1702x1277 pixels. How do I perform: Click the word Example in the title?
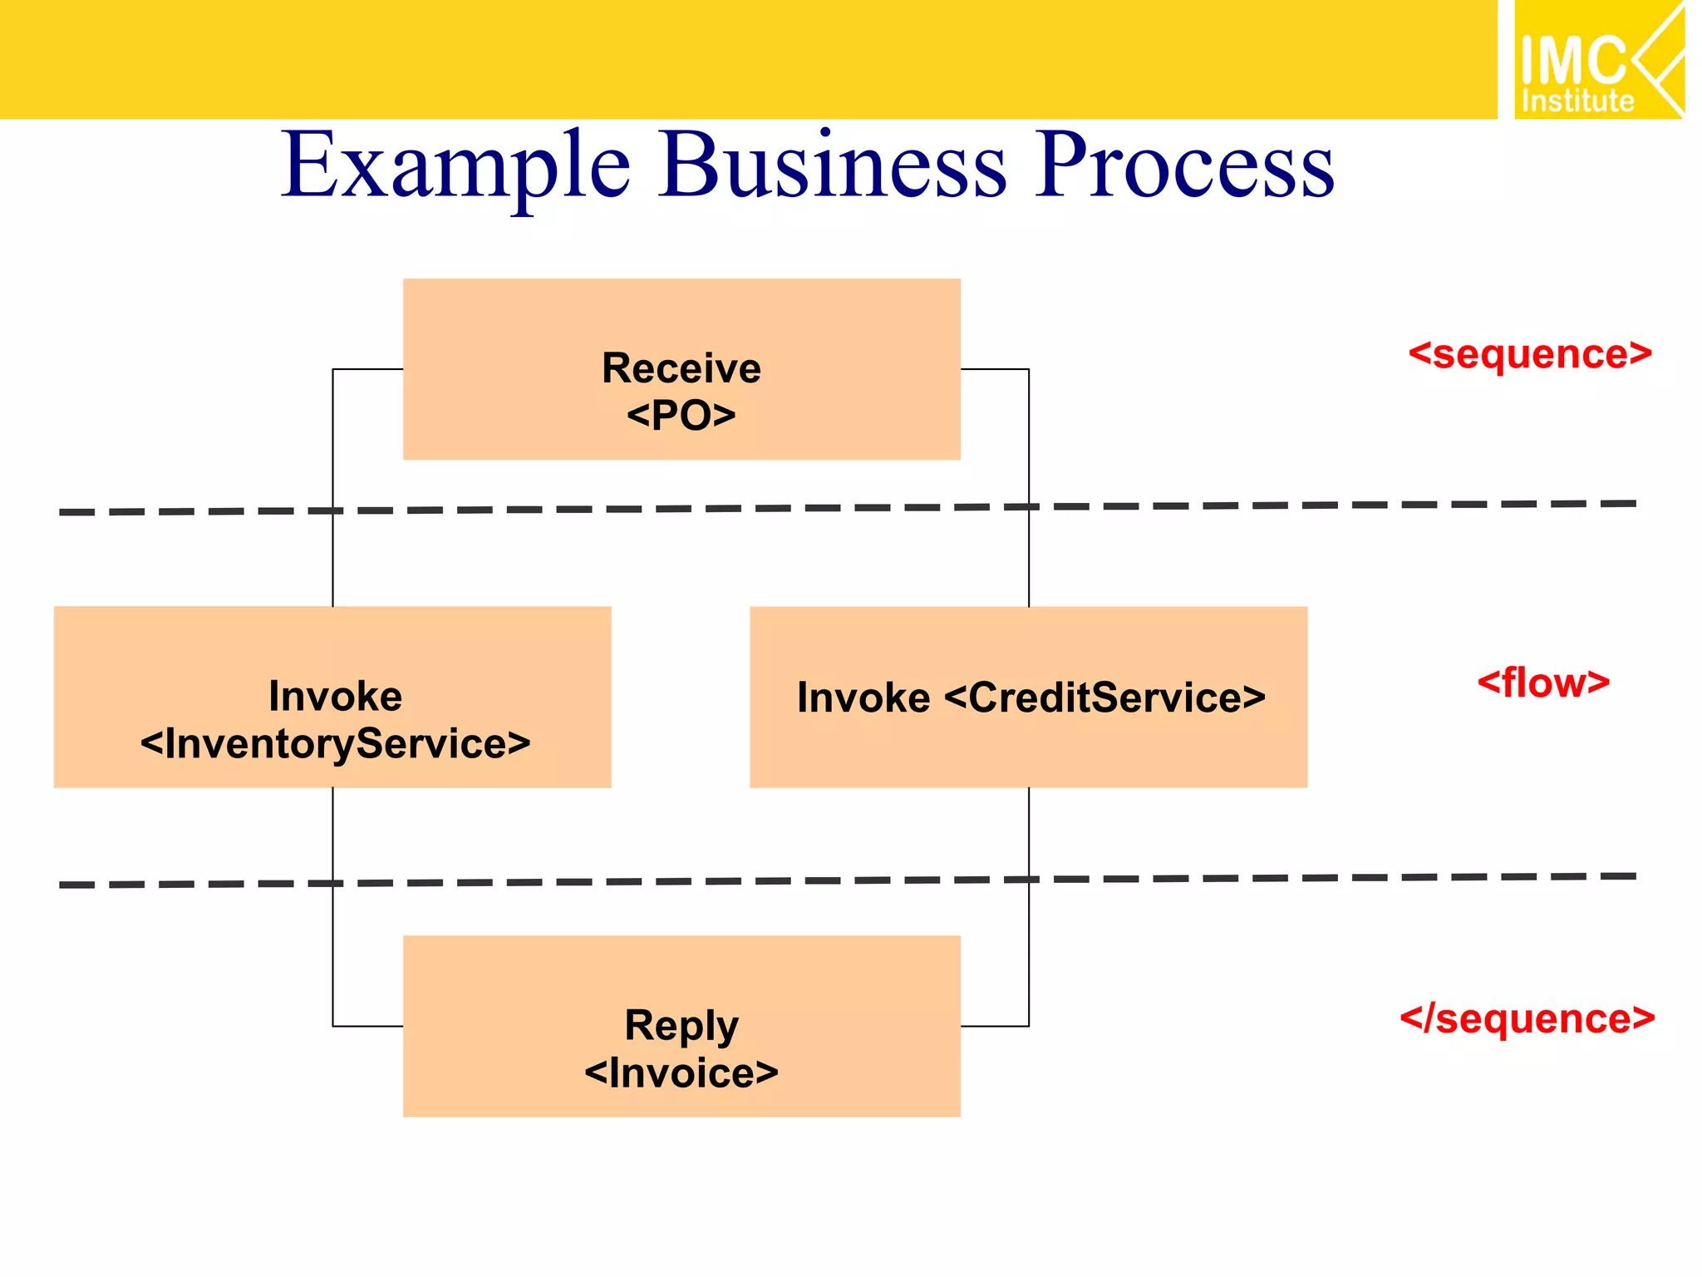(x=455, y=166)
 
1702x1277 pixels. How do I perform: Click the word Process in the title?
(x=1183, y=166)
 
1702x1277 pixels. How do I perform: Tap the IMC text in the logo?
(x=1572, y=60)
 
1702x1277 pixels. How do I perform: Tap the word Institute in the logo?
(x=1577, y=101)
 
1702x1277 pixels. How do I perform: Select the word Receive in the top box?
(x=681, y=368)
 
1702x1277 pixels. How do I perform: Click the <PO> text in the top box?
(x=681, y=415)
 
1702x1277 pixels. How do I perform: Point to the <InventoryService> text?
(x=335, y=743)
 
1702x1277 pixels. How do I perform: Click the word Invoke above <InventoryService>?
(x=335, y=696)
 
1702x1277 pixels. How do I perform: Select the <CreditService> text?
(x=1104, y=698)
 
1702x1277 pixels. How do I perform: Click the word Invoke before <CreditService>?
(x=863, y=698)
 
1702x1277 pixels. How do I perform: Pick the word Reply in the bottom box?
(x=681, y=1025)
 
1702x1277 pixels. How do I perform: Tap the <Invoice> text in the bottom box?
(x=681, y=1072)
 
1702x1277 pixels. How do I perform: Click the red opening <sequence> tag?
(x=1529, y=354)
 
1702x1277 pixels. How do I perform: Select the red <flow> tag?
(x=1542, y=683)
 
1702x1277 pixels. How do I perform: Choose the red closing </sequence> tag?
(x=1527, y=1018)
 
